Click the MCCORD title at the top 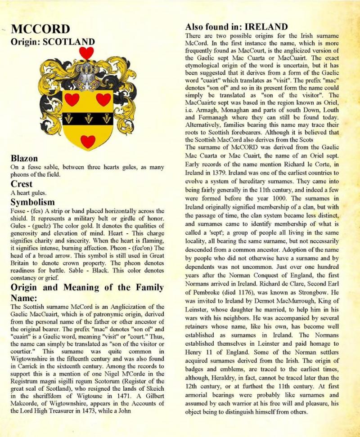40,30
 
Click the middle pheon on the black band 87,118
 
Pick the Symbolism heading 32,202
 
